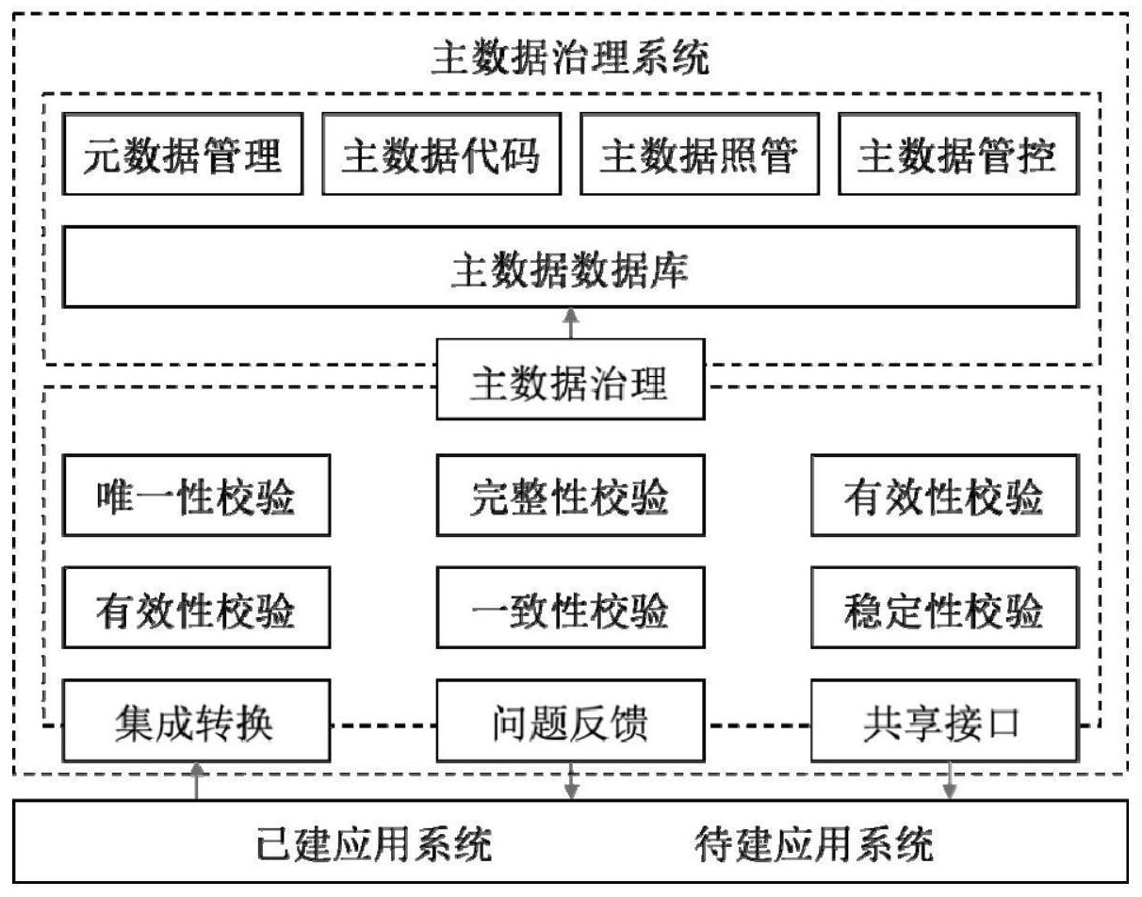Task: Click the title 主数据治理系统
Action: pos(570,58)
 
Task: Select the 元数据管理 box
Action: pos(183,155)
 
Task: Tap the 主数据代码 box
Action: pos(441,155)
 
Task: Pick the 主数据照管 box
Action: pos(699,155)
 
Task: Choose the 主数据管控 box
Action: pos(957,155)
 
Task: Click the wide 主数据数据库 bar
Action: pos(570,267)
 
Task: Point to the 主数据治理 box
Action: pos(570,380)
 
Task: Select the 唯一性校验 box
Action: pos(196,497)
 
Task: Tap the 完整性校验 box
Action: pos(570,497)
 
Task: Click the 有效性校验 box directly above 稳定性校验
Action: pos(944,497)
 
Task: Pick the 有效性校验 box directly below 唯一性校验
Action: pos(196,609)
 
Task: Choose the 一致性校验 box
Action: pos(570,609)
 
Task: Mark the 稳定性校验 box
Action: pos(944,609)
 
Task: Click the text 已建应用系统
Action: pos(374,842)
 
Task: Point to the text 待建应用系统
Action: pos(814,842)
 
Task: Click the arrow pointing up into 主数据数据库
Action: pos(570,323)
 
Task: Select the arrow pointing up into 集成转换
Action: pos(196,782)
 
